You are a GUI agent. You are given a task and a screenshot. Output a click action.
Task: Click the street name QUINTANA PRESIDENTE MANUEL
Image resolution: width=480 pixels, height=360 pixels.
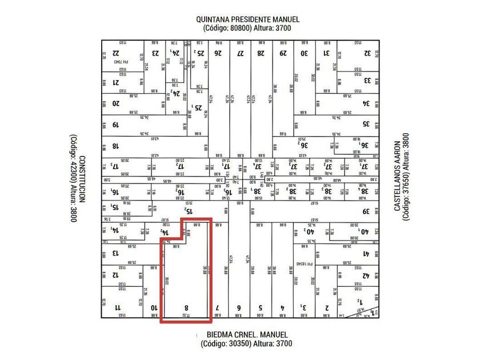pos(247,19)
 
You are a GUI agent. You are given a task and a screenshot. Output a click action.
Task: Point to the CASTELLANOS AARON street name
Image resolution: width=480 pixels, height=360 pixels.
pos(398,178)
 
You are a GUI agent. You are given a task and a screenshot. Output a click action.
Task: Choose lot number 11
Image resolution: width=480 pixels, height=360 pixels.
pos(118,307)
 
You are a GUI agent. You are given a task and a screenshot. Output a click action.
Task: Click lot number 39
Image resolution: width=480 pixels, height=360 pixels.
pos(366,211)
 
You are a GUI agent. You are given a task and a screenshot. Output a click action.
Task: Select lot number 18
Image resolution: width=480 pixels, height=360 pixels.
pos(116,146)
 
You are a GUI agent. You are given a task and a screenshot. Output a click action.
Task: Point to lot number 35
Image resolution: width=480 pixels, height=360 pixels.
pos(367,124)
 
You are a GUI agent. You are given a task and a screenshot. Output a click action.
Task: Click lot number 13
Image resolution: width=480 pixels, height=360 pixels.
pos(116,254)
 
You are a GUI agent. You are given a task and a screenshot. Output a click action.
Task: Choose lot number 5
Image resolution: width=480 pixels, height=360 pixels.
pos(260,307)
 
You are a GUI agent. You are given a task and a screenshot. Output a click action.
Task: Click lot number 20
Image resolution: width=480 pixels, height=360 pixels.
pos(116,103)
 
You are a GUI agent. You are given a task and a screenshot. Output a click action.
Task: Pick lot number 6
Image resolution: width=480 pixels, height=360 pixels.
pos(239,307)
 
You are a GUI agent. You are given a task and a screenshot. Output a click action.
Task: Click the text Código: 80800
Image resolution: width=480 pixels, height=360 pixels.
pos(227,28)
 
